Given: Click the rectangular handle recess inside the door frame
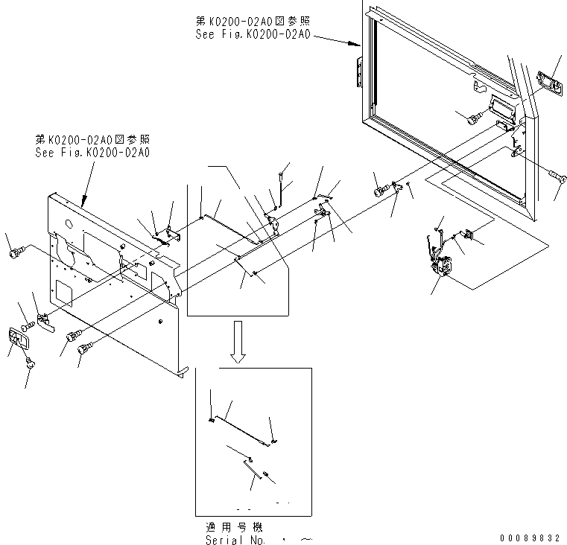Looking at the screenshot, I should [501, 111].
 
